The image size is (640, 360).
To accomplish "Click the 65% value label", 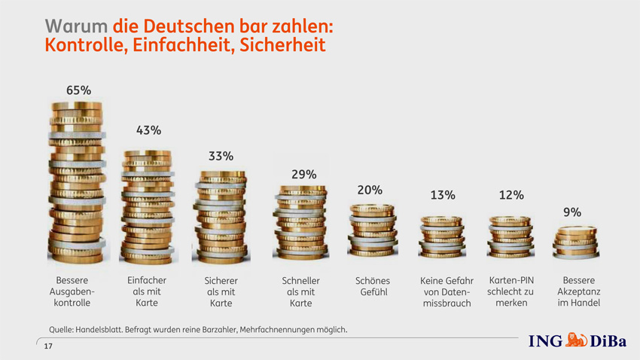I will pos(78,90).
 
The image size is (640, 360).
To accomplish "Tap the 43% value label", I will pos(148,130).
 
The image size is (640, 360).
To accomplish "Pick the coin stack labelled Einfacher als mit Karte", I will pos(148,205).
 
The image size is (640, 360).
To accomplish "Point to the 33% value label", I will pos(221,157).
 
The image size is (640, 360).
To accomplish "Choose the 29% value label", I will pos(303,175).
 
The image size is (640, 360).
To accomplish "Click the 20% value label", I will pos(370,191).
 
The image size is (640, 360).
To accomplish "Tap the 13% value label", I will pos(443,196).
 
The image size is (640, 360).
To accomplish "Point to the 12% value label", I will pos(511,196).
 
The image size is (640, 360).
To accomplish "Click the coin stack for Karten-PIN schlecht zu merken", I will pos(510,238).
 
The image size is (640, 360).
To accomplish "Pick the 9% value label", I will pos(572,213).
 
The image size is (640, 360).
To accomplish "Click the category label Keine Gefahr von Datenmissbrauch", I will pos(446,292).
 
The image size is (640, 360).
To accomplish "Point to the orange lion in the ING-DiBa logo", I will pos(576,340).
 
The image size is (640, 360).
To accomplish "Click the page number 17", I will pos(48,346).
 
